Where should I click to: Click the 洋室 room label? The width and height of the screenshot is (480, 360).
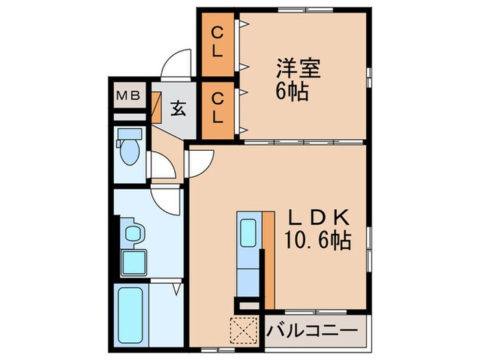point(298,69)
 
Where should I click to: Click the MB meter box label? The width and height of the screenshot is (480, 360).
point(128,96)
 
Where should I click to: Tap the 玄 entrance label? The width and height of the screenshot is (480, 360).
point(178,108)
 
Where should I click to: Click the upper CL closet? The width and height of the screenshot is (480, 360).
point(217,42)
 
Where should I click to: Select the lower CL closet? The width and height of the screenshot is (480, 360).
point(217,108)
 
